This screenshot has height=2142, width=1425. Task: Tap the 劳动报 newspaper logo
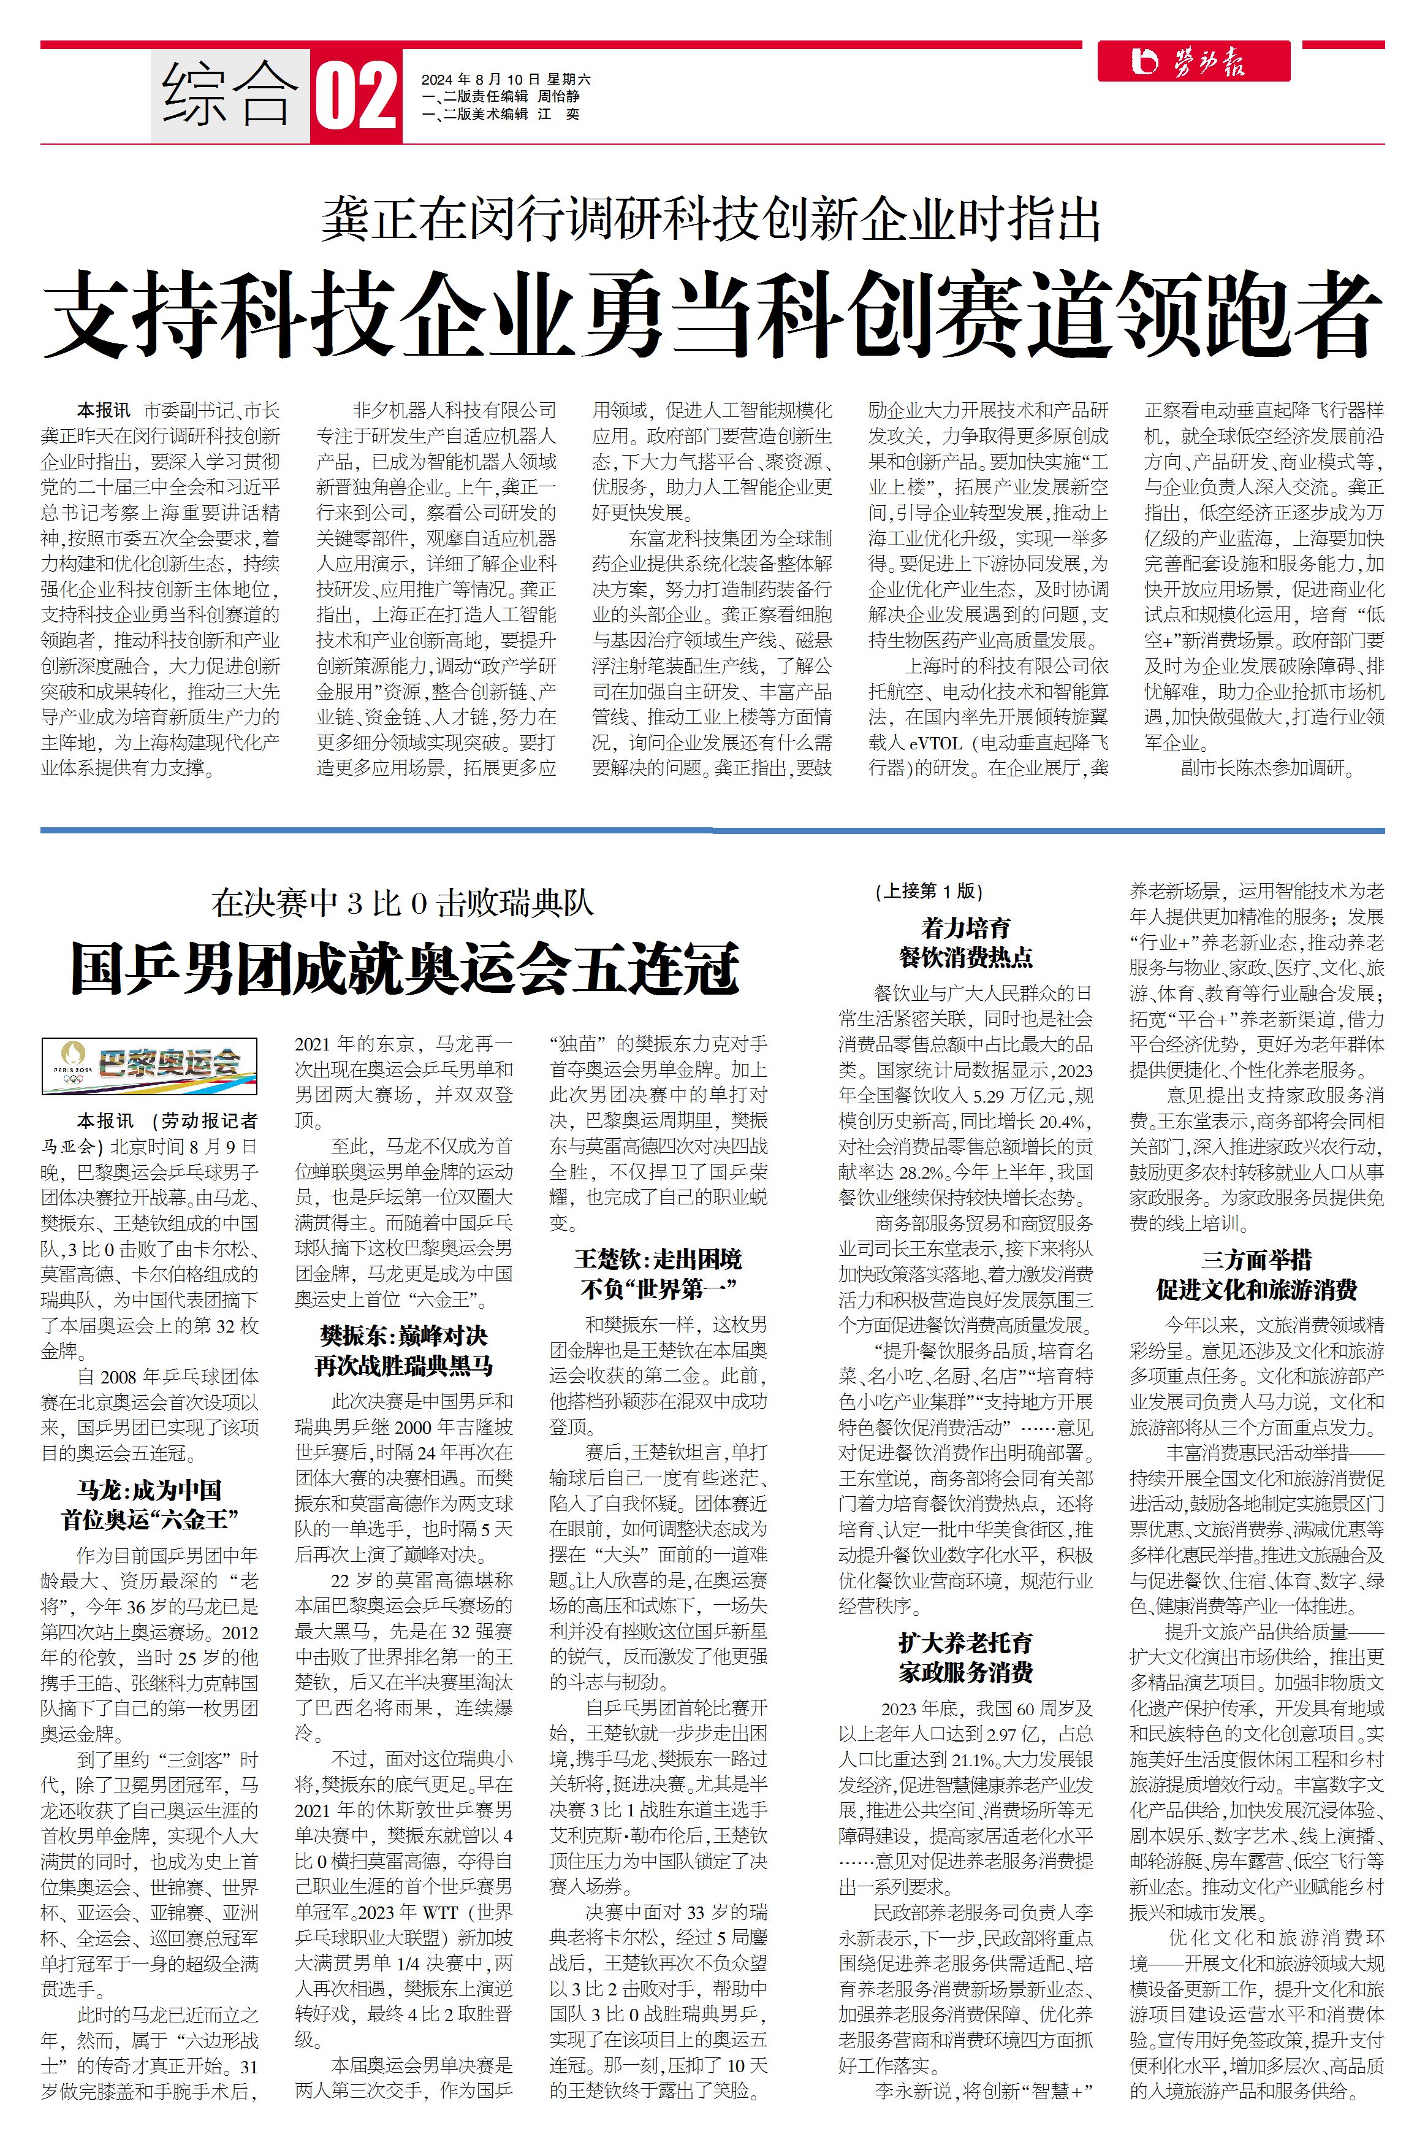[x=1193, y=62]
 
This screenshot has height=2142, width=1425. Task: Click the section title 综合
[x=230, y=94]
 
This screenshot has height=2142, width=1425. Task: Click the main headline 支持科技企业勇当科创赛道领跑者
[x=712, y=315]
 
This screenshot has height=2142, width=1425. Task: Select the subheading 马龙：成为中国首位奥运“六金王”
[x=149, y=1504]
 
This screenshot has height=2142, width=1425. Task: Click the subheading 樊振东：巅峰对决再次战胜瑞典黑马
[x=403, y=1350]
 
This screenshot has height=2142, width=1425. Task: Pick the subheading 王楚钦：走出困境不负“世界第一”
[x=658, y=1273]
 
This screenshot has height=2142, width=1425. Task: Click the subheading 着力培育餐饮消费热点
[x=965, y=942]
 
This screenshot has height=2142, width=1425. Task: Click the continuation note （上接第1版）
[x=929, y=891]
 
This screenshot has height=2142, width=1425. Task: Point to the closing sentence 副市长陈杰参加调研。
[x=1267, y=768]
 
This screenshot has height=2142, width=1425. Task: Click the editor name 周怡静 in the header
[x=558, y=96]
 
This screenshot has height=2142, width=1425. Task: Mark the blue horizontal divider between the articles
[x=712, y=830]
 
